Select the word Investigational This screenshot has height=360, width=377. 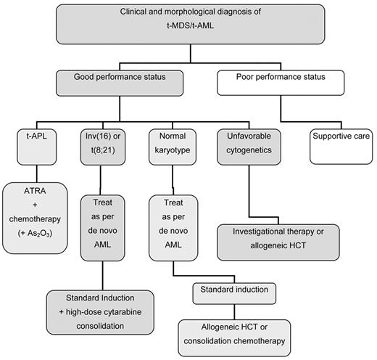pyautogui.click(x=249, y=231)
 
